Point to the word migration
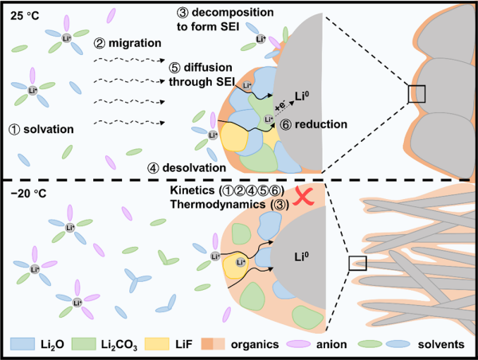(130, 43)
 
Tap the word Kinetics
(195, 191)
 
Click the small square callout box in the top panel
(417, 93)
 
